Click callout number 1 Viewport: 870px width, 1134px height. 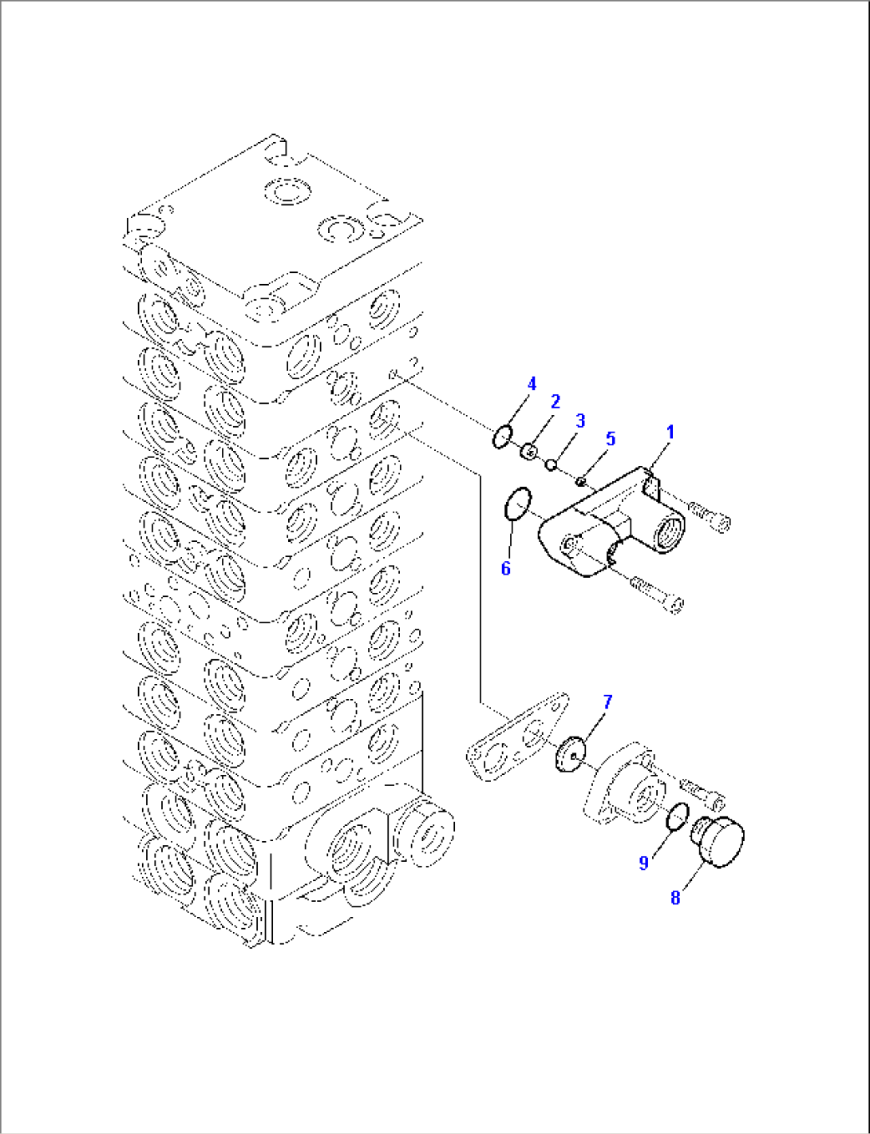coord(670,433)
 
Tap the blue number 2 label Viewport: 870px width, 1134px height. coord(555,401)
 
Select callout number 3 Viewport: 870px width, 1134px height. coord(580,421)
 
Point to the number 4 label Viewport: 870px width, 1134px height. coord(532,385)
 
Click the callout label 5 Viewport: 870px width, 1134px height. coord(611,438)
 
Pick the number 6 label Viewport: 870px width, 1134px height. coord(505,568)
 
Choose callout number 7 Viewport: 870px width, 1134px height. coord(607,702)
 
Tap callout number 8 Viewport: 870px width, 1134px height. coord(675,898)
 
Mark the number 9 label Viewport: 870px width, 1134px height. coord(644,863)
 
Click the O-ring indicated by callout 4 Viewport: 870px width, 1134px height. coord(502,437)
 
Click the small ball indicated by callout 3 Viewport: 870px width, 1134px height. coord(551,464)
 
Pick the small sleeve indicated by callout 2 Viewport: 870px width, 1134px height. coord(528,452)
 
